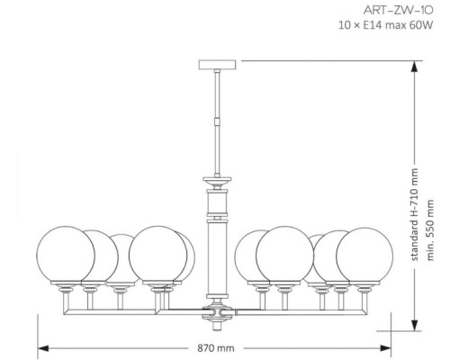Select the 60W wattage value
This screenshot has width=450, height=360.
click(x=429, y=25)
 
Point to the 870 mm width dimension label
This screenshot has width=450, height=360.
click(x=216, y=346)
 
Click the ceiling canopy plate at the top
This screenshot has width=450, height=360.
click(x=216, y=65)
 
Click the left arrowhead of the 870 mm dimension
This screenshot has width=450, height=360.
click(x=41, y=346)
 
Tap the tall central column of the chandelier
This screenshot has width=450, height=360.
click(x=216, y=256)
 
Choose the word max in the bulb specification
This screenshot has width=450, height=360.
click(x=406, y=25)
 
